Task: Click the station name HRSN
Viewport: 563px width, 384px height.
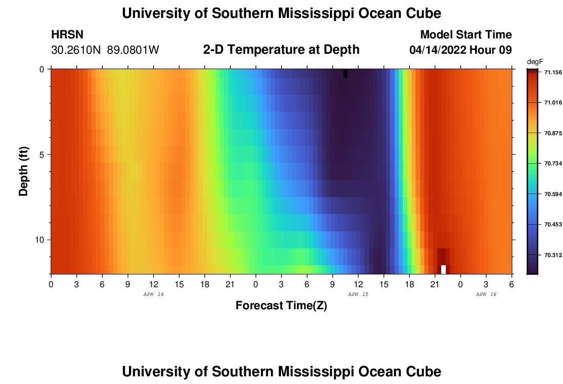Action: tap(67, 35)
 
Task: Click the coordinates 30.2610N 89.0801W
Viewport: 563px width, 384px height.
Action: tap(105, 50)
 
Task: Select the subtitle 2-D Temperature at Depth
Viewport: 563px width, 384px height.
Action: tap(281, 50)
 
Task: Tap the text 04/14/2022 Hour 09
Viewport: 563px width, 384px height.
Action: tap(461, 50)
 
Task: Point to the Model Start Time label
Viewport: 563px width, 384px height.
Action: tap(466, 35)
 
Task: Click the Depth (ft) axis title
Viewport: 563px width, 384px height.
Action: tap(24, 172)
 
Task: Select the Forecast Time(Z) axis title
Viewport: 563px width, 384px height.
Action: tap(281, 306)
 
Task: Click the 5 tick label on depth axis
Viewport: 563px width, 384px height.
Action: tap(41, 154)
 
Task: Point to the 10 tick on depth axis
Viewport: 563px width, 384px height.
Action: tap(39, 240)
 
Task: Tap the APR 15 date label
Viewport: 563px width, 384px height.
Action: tap(358, 294)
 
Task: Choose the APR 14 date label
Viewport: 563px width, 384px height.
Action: tap(153, 294)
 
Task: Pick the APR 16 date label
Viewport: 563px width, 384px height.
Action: tap(486, 294)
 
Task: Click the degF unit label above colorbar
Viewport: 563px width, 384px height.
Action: tap(534, 61)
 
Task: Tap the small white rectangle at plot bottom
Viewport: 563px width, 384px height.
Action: tap(443, 269)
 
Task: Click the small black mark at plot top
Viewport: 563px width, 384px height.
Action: tap(345, 73)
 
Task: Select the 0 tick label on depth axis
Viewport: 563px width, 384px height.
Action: tap(41, 69)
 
